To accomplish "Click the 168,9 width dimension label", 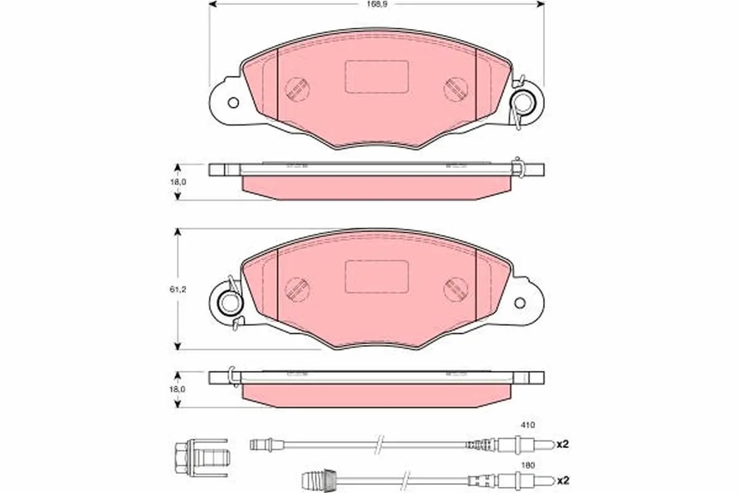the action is pyautogui.click(x=378, y=5).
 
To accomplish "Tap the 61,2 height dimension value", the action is pyautogui.click(x=178, y=290).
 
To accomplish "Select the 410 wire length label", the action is pyautogui.click(x=528, y=425).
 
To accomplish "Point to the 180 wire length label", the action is pyautogui.click(x=528, y=466).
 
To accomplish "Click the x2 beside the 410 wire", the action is pyautogui.click(x=563, y=444).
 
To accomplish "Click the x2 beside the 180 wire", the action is pyautogui.click(x=563, y=481).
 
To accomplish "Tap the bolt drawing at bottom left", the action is pyautogui.click(x=202, y=457).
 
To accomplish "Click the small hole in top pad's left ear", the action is pyautogui.click(x=233, y=103).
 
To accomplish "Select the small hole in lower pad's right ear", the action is pyautogui.click(x=520, y=303).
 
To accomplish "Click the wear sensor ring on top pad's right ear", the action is pyautogui.click(x=524, y=102).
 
